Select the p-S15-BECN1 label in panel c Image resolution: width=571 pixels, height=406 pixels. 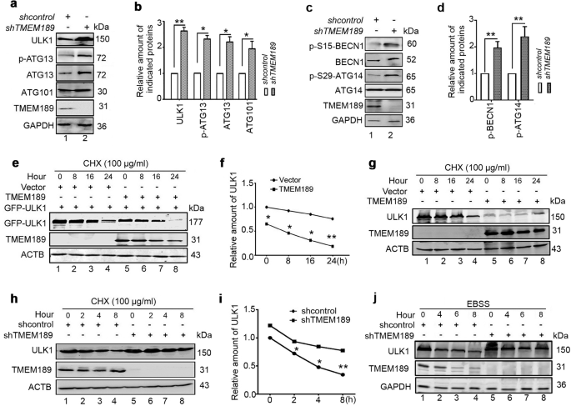325,38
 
